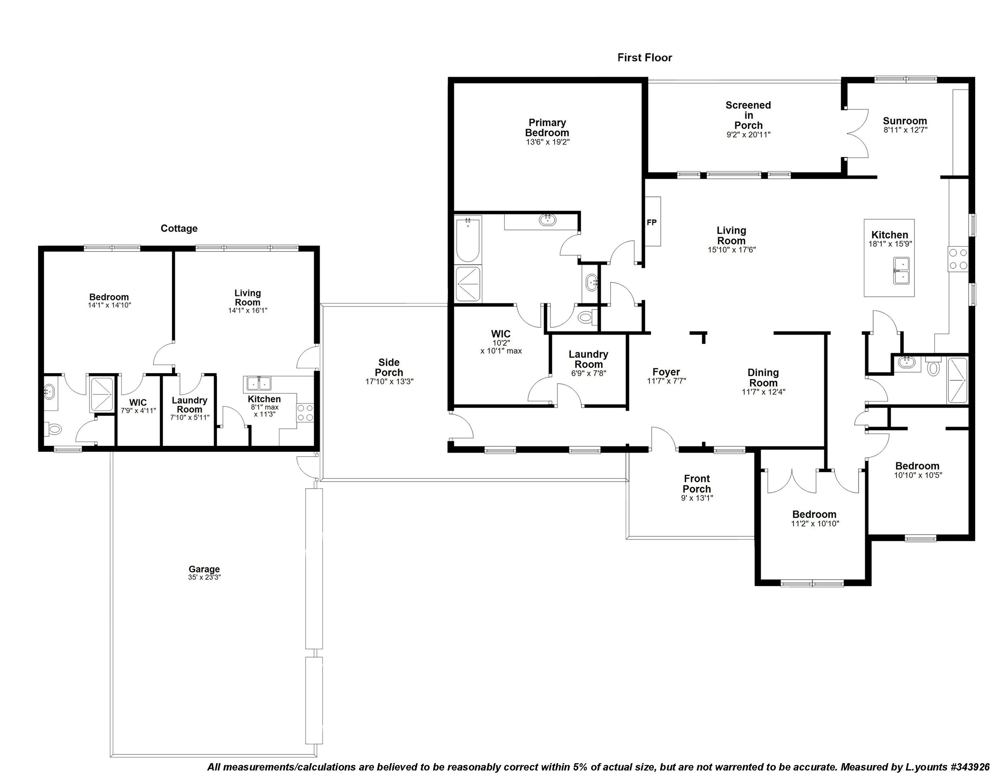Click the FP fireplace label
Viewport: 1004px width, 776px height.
click(651, 223)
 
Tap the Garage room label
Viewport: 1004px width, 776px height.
click(204, 569)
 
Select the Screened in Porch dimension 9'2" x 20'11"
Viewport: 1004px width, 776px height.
click(748, 135)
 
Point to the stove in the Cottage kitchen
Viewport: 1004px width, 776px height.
click(305, 413)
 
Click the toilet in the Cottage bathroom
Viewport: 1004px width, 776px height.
click(54, 429)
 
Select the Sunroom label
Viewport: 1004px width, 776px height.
click(905, 121)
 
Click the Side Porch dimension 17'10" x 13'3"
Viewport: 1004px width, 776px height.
click(389, 381)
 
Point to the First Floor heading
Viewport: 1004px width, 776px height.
click(645, 58)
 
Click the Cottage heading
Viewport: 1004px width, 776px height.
click(179, 229)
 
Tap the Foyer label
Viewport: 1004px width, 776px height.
click(666, 372)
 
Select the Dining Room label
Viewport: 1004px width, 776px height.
click(763, 378)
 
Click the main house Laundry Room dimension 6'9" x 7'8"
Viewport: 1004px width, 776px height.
click(588, 373)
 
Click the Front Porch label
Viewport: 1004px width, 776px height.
click(696, 484)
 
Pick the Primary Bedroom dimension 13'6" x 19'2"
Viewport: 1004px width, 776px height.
click(547, 142)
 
